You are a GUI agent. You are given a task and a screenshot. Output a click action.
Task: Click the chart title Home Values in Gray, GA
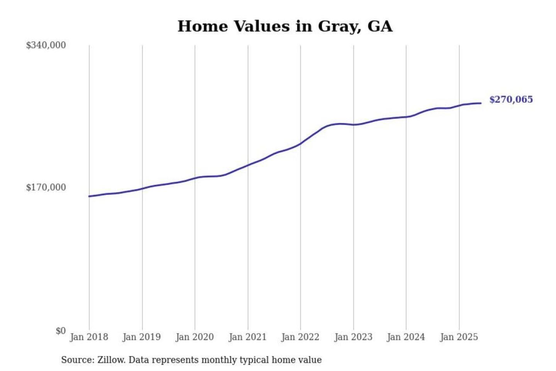tap(285, 26)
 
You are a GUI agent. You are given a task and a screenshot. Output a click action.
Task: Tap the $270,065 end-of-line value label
tap(511, 100)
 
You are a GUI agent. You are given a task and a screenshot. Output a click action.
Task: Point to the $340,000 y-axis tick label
tap(46, 45)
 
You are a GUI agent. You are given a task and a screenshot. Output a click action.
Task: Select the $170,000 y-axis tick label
tap(46, 187)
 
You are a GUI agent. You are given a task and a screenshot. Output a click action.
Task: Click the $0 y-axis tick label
tap(61, 331)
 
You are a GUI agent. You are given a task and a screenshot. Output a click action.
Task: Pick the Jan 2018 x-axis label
tap(89, 337)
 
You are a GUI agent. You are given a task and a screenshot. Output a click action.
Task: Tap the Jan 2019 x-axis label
tap(142, 337)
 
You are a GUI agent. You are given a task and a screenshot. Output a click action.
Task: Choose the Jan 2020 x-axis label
tap(195, 337)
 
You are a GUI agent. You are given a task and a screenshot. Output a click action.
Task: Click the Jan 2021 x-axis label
tap(247, 337)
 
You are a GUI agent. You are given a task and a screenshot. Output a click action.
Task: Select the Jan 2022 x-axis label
tap(300, 337)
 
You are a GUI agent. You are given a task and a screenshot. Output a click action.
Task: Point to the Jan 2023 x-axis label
tap(353, 337)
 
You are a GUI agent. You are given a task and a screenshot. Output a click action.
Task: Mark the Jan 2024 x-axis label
tap(406, 337)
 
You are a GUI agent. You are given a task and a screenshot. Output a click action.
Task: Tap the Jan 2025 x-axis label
tap(459, 337)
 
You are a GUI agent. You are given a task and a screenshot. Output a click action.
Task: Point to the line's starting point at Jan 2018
tap(89, 196)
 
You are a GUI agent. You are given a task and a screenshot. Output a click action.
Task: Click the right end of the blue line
tap(481, 103)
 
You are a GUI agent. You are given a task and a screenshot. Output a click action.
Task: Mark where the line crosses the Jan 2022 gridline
tap(300, 143)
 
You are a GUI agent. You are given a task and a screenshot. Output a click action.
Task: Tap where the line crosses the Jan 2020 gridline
tap(195, 178)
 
